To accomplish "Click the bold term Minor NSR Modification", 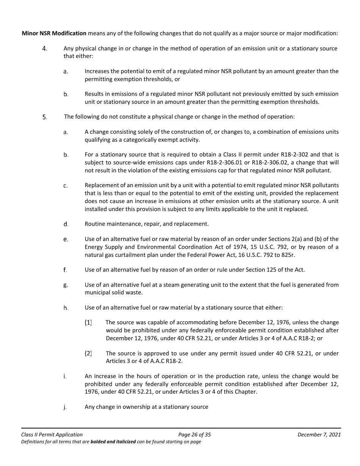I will point(54,33).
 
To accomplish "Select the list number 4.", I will point(45,48).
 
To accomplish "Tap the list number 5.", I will point(45,117).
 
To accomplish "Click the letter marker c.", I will point(66,186).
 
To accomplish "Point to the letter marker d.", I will point(66,224).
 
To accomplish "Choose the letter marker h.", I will point(66,308).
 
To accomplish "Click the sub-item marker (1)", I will point(88,323).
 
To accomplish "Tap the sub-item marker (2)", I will point(88,353).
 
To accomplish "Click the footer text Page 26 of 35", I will point(194,435).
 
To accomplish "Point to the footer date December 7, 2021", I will point(319,435).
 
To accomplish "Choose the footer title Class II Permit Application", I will point(52,435).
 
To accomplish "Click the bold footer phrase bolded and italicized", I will point(113,442).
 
